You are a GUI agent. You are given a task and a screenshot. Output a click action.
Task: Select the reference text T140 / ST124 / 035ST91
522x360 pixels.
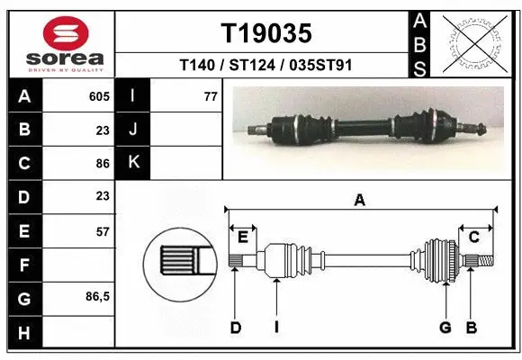[x=266, y=65]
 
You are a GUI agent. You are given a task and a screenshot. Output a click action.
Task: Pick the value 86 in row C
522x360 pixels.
[x=102, y=163]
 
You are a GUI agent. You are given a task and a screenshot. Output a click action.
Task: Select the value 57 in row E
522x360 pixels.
[x=102, y=231]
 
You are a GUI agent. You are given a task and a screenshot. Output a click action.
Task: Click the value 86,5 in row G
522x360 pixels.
[x=97, y=296]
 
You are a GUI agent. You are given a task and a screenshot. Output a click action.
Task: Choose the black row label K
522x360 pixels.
[x=133, y=163]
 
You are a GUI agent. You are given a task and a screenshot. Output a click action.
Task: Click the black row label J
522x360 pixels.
[x=133, y=130]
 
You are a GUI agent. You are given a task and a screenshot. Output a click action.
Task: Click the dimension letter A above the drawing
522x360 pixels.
[x=360, y=201]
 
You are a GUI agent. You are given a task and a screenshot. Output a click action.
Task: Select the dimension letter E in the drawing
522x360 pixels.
[x=243, y=237]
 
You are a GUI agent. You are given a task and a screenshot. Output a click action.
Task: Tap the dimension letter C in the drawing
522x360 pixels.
[x=472, y=237]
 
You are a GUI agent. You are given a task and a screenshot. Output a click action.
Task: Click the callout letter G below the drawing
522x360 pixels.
[x=445, y=328]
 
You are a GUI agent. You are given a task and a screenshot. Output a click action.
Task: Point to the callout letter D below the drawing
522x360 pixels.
[x=235, y=328]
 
